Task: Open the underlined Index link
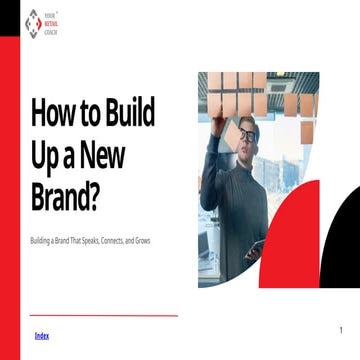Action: [x=41, y=335]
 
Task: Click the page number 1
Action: [x=341, y=330]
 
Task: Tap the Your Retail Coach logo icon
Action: [x=33, y=22]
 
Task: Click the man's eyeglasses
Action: [x=246, y=134]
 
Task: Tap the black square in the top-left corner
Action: [x=9, y=15]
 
